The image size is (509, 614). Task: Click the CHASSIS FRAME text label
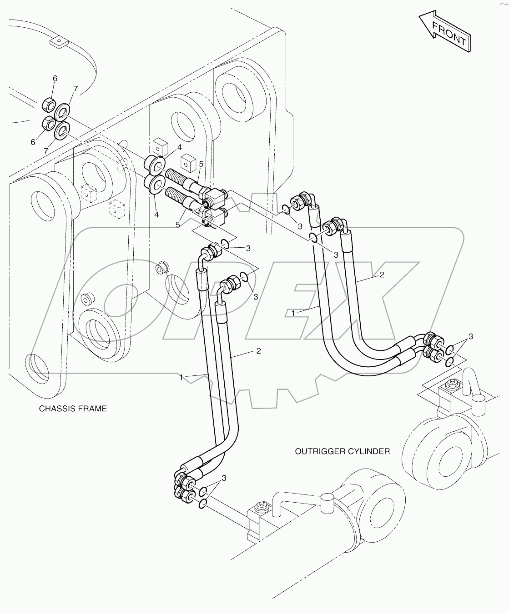[73, 409]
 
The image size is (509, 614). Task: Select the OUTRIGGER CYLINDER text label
[342, 451]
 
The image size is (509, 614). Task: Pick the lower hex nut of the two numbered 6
[48, 124]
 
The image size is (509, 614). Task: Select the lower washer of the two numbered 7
[61, 130]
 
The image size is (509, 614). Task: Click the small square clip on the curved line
[58, 43]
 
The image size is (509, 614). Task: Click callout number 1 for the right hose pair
[293, 313]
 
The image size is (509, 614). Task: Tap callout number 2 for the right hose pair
[382, 275]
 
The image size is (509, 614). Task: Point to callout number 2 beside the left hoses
[258, 351]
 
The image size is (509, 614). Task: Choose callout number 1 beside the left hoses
[181, 377]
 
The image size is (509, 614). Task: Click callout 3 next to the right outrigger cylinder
[470, 336]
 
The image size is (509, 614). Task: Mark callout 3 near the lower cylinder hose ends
[224, 478]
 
